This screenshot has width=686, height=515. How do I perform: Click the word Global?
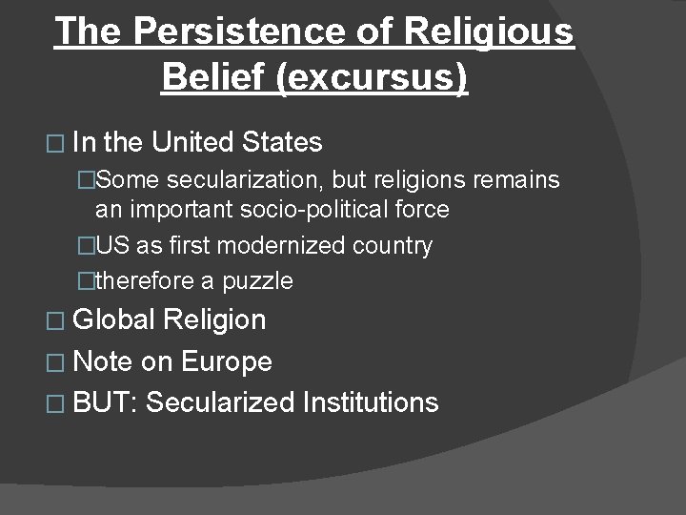112,319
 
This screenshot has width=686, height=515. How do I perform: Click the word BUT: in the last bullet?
105,402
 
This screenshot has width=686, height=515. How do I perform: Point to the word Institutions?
371,402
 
